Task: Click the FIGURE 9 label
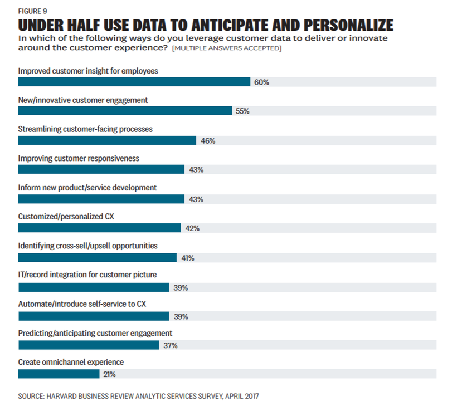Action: tap(33, 11)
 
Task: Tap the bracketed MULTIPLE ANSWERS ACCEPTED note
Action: tap(227, 48)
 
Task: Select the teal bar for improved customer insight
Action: tap(134, 82)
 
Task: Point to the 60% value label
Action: tap(261, 82)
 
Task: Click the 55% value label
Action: tap(242, 111)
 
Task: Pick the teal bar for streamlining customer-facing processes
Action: tap(107, 140)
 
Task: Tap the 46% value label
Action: tap(208, 140)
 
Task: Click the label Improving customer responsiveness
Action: tap(79, 158)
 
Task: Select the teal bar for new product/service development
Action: tap(101, 199)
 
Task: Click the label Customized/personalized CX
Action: tap(66, 217)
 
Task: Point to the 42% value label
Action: tap(192, 228)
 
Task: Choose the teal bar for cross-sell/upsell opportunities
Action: tap(97, 257)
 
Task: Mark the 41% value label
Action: tap(188, 258)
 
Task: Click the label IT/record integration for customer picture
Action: tap(87, 275)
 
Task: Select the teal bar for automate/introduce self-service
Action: tap(93, 316)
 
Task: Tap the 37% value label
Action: tap(171, 345)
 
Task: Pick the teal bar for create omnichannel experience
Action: tap(59, 374)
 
